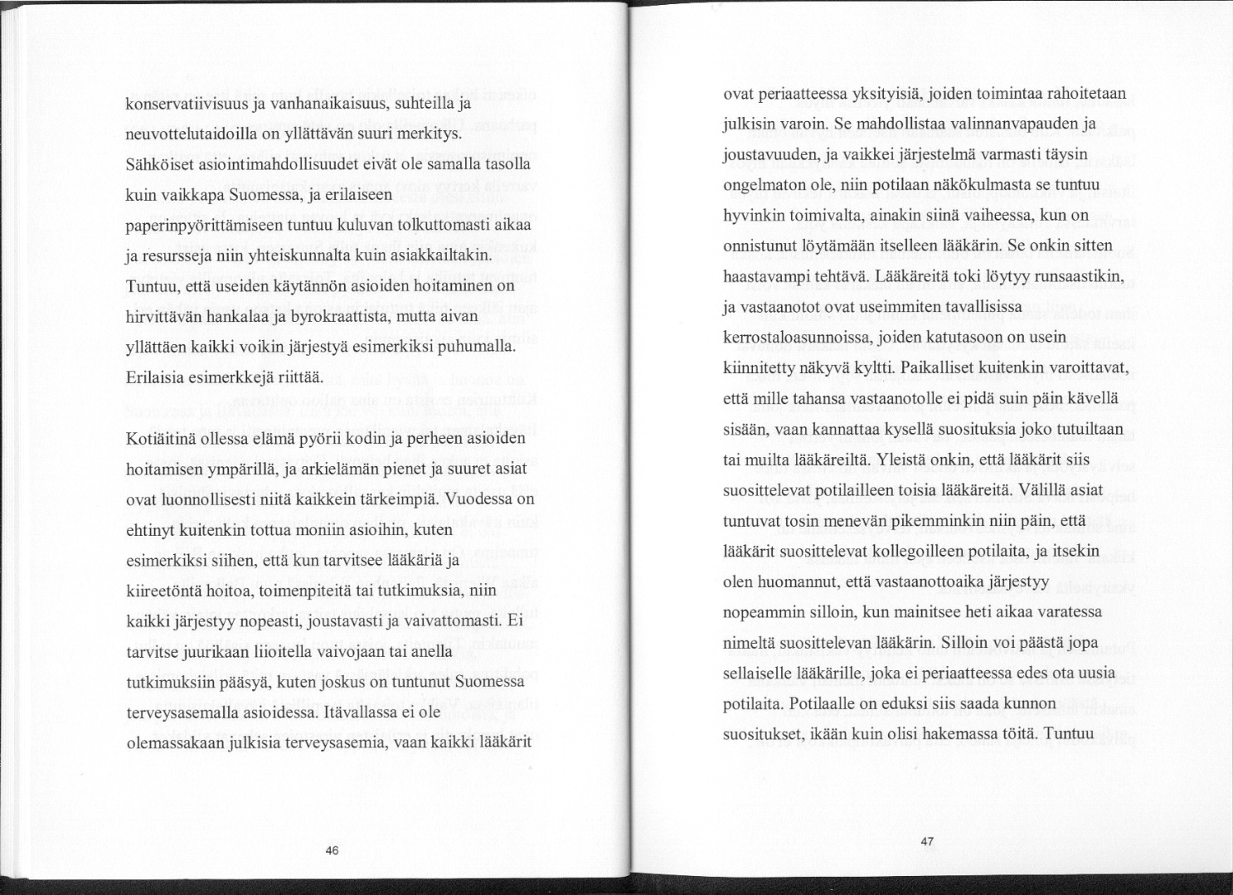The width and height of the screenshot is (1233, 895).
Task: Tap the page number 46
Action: pyautogui.click(x=332, y=850)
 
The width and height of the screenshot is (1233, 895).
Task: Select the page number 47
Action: pyautogui.click(x=927, y=841)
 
